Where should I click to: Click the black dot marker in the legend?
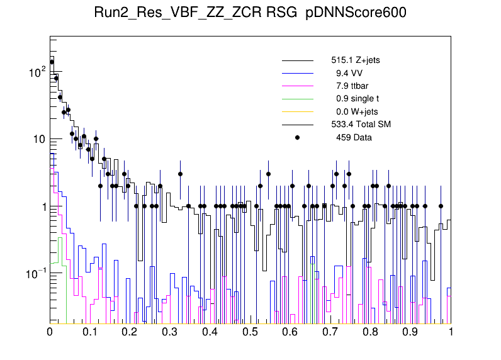[x=298, y=137]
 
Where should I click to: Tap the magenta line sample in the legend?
[x=298, y=86]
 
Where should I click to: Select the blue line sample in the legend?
[x=298, y=74]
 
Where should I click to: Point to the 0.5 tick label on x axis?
[x=250, y=331]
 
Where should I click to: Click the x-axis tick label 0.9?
[x=411, y=331]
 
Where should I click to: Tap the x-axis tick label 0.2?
[x=130, y=331]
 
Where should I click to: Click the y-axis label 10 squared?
[x=37, y=72]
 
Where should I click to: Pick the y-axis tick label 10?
[x=38, y=139]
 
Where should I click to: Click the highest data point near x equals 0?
[x=52, y=62]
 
